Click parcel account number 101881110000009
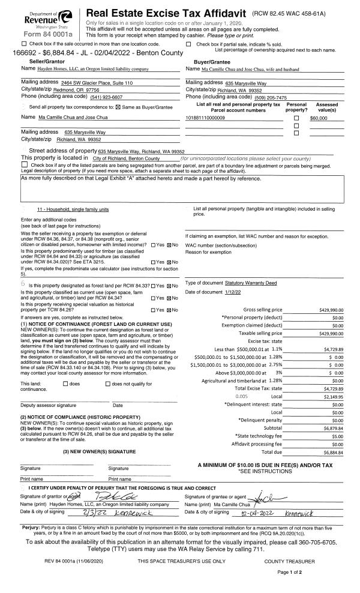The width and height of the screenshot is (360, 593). [206, 118]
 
